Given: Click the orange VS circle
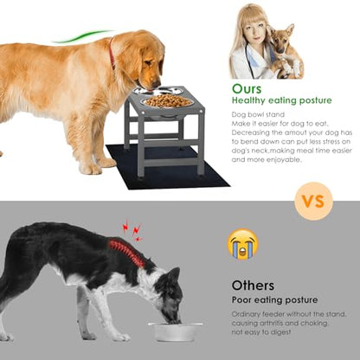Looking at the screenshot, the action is [313, 201].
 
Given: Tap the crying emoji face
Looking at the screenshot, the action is [242, 244].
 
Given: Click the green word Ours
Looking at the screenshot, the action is [247, 89].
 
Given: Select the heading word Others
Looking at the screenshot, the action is [253, 286].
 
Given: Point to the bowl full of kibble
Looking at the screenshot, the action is [167, 102].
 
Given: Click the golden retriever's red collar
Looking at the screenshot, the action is [112, 54].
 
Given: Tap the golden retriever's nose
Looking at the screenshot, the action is [156, 84].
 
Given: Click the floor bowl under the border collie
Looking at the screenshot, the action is [175, 331].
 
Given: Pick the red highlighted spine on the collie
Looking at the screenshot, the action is [126, 253].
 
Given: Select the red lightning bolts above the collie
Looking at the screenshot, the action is [132, 230].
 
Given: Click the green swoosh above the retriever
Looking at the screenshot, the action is [82, 36].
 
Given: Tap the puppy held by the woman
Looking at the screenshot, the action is [285, 51].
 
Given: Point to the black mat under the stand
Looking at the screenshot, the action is [167, 167].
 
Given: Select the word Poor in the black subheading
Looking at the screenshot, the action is [241, 300].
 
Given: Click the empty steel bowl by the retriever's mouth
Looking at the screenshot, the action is [158, 91].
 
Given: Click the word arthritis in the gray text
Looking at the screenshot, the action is [269, 324].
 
